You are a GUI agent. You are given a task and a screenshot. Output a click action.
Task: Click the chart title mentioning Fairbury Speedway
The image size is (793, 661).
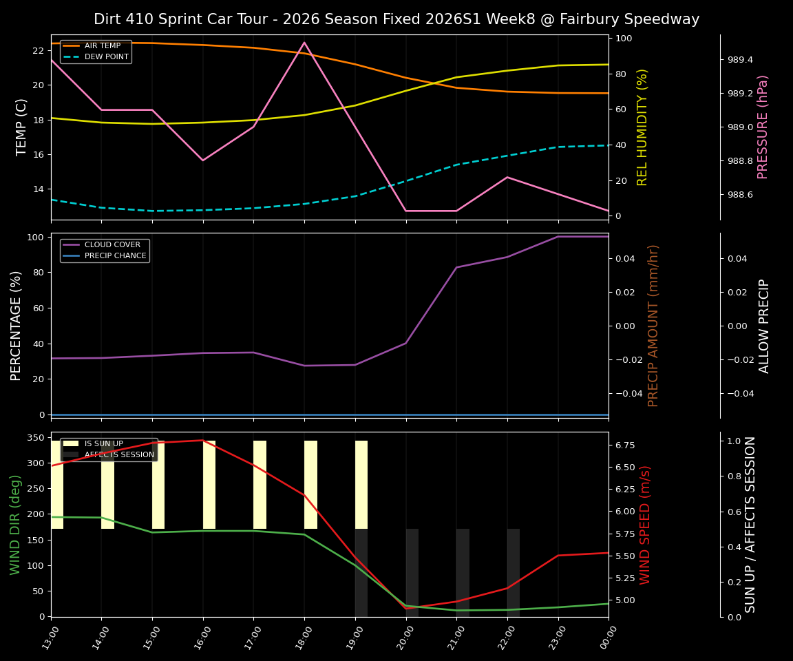(396, 19)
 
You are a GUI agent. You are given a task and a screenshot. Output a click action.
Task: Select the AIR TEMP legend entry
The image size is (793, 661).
(102, 46)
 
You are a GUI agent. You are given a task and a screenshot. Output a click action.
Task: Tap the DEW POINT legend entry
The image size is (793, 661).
(106, 57)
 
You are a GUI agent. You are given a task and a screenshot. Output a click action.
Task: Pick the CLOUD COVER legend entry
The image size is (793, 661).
(112, 245)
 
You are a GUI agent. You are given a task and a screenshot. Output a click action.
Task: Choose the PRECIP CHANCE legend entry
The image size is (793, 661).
(115, 256)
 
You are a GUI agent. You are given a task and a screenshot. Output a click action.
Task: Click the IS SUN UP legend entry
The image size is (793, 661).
(103, 444)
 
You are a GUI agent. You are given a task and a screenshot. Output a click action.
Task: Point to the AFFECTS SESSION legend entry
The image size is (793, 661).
(119, 455)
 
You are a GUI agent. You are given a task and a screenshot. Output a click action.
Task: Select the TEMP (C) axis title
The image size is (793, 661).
(22, 127)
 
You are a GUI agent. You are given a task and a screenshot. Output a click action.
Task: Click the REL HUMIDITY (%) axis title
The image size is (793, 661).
(642, 127)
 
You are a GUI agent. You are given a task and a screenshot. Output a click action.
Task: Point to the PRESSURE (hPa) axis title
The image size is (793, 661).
(763, 127)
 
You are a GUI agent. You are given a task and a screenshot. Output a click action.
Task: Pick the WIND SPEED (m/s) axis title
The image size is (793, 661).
(645, 525)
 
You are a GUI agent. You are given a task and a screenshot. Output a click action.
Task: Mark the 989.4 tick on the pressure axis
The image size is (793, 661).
(740, 60)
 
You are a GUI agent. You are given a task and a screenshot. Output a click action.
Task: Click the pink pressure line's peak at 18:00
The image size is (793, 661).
(304, 43)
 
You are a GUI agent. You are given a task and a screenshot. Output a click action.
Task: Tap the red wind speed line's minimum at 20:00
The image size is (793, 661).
(406, 609)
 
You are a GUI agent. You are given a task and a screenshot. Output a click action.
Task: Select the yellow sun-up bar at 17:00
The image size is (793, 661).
(260, 485)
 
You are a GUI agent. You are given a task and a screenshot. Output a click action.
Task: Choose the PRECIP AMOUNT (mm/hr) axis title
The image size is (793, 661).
(653, 325)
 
